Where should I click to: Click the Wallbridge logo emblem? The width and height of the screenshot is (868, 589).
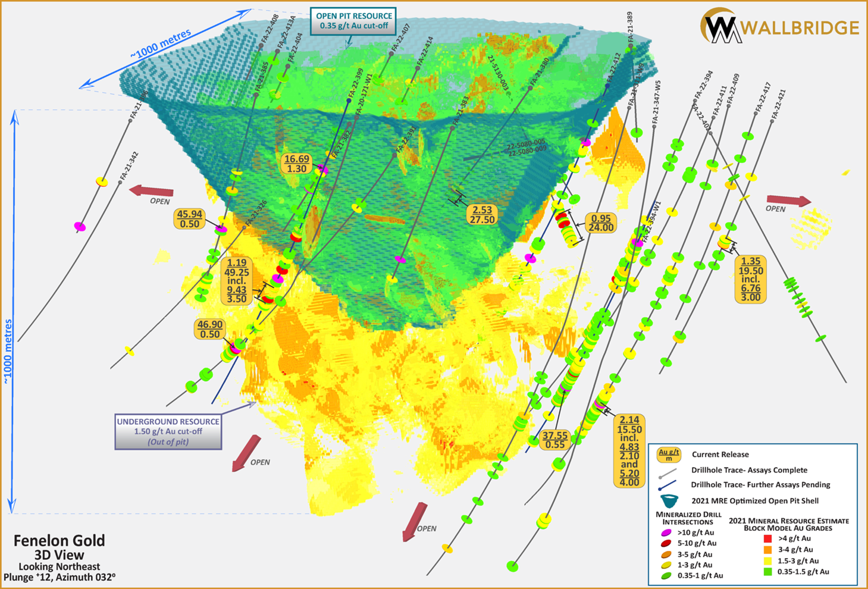pos(720,26)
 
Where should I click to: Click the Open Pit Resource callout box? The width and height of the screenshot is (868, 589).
pos(353,21)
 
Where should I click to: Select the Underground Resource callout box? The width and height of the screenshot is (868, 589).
pos(168,431)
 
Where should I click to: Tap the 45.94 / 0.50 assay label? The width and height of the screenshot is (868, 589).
pos(189,219)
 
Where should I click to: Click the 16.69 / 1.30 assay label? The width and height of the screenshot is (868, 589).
pos(296,164)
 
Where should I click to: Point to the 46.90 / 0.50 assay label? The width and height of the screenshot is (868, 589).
pos(209,329)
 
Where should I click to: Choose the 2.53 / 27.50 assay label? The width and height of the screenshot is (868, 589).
pos(482,215)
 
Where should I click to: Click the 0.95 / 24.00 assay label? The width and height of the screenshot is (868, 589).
pos(600,223)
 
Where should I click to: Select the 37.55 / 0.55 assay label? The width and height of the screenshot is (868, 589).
pos(554,440)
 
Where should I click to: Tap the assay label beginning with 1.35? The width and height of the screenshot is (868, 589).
pos(750,279)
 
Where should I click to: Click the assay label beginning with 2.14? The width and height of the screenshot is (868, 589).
pos(629,450)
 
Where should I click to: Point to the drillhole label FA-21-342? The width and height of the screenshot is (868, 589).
pos(130,167)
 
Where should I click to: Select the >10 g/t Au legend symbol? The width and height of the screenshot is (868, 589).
pos(666,532)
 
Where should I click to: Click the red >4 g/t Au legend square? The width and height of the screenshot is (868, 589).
pos(767,538)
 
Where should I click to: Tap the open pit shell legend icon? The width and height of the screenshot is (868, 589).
pos(669,501)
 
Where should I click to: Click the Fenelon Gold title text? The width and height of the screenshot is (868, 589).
pos(59,540)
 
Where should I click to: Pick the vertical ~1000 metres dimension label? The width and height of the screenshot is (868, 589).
pos(8,351)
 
